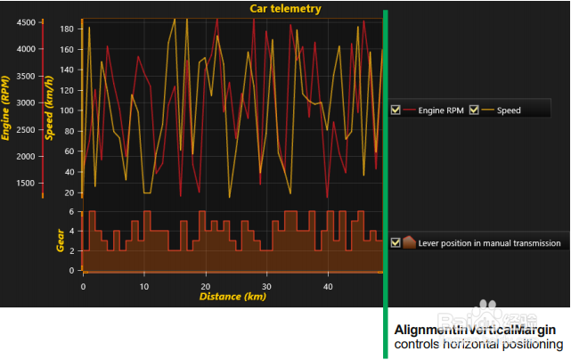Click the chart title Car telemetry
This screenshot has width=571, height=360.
(285, 9)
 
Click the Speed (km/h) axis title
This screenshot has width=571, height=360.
(50, 107)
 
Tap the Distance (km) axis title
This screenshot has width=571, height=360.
(232, 297)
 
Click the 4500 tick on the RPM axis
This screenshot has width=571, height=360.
(25, 21)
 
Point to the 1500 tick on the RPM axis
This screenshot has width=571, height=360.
(25, 183)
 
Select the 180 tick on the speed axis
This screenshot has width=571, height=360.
(66, 29)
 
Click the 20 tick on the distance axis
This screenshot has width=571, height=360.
(205, 286)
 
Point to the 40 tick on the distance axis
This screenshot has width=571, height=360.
(328, 286)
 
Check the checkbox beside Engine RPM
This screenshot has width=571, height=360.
(396, 110)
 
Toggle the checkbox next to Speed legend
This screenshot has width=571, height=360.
(474, 110)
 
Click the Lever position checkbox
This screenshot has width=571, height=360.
(396, 242)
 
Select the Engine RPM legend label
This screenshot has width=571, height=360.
(441, 110)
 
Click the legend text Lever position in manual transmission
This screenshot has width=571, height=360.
(489, 242)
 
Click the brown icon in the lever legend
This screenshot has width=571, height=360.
(409, 242)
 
